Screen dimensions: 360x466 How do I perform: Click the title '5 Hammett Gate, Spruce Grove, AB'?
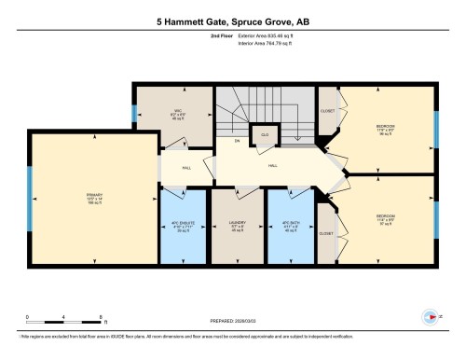tap(232, 20)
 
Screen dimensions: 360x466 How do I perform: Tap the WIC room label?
tap(175, 114)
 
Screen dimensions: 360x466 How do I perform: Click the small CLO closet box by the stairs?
tap(266, 136)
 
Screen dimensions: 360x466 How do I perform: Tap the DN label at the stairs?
tap(237, 141)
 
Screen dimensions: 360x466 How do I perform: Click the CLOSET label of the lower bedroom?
tap(326, 232)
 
